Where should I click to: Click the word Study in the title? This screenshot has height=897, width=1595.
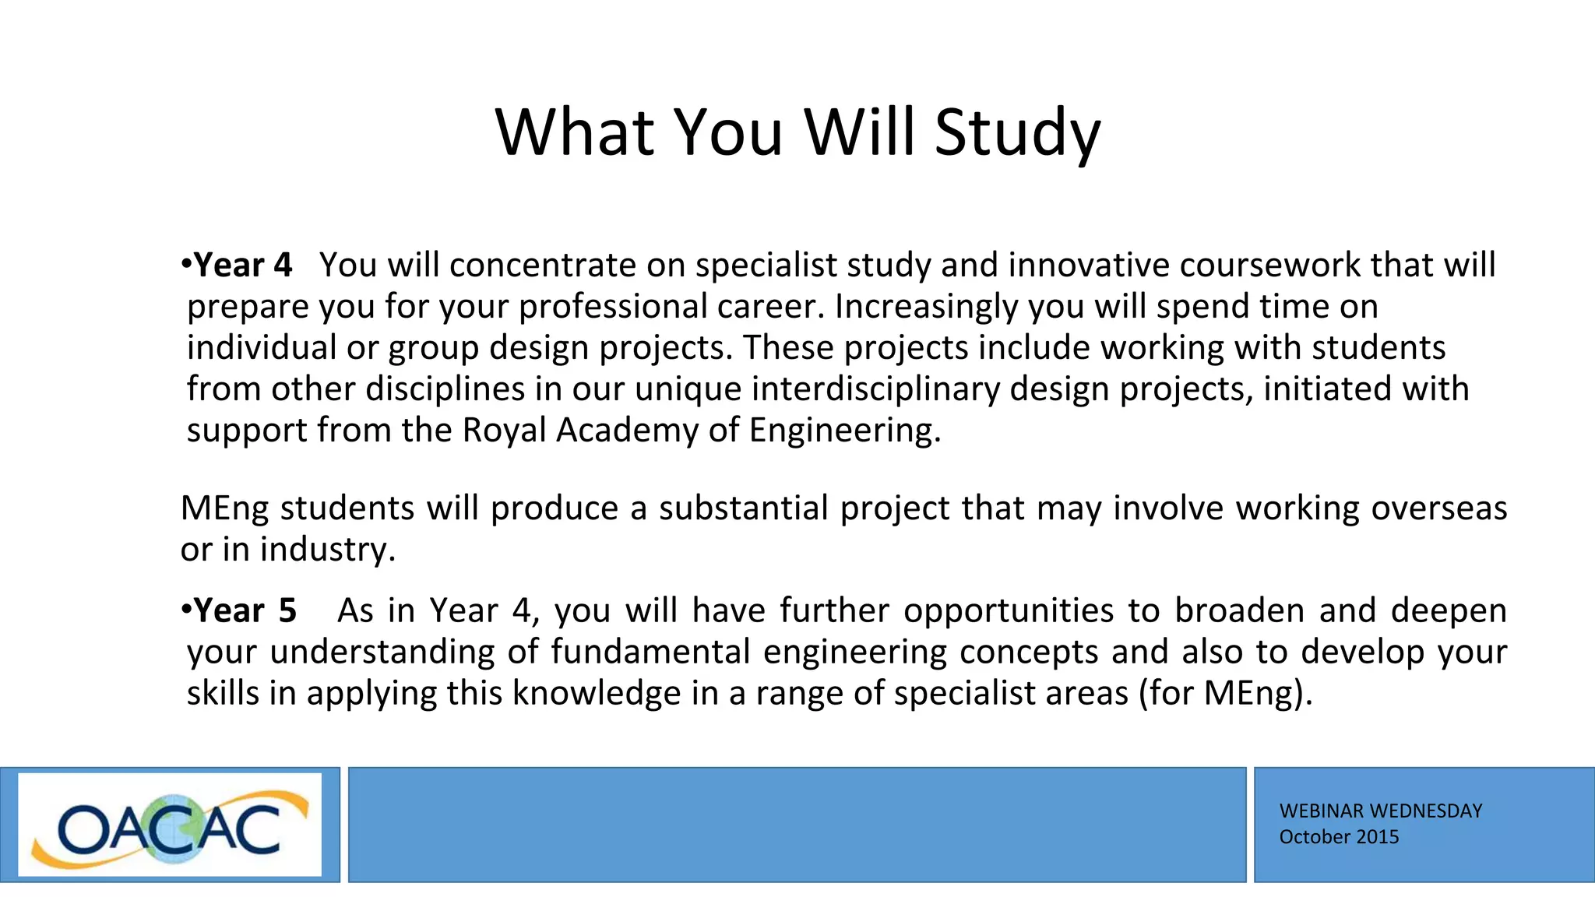pos(1017,132)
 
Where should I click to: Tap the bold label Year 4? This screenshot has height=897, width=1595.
pos(242,266)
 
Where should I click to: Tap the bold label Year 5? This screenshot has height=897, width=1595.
pos(245,611)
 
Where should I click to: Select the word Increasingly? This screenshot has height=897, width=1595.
pos(926,307)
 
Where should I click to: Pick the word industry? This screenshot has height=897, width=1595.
pos(327,550)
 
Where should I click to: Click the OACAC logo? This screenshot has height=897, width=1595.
pos(170,825)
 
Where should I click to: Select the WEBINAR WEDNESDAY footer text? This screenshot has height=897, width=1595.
pos(1380,811)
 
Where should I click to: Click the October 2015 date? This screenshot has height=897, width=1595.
pos(1339,837)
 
